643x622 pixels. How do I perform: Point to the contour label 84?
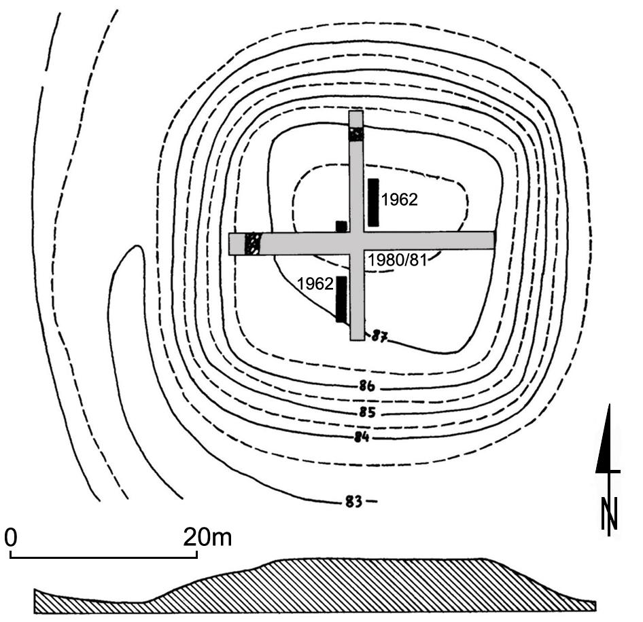coord(361,437)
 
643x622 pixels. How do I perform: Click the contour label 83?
coord(353,502)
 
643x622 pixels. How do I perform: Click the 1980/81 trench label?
coord(397,260)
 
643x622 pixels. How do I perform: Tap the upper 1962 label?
coord(399,200)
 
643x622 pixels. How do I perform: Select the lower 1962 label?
coord(316,282)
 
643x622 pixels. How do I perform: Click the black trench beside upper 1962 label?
coord(373,202)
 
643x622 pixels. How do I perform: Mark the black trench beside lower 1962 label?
coord(341,299)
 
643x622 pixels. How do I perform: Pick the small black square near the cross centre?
coord(341,226)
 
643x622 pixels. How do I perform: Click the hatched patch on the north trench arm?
coord(356,134)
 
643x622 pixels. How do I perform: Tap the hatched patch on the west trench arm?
coord(253,243)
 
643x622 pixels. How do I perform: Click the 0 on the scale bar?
coord(11,538)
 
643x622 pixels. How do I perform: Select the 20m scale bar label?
coord(207,538)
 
